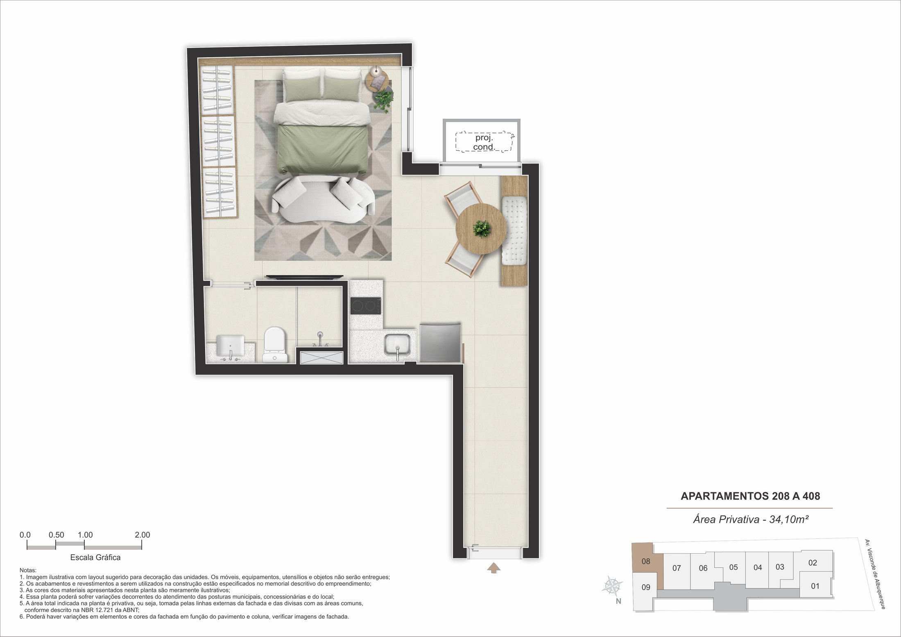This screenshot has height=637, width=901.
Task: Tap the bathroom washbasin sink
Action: [x=230, y=346]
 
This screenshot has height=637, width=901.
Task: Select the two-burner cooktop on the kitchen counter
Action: [x=366, y=306]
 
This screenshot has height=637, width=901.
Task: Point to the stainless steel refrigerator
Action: [x=440, y=342]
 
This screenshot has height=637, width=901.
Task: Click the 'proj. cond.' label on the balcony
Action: [x=484, y=142]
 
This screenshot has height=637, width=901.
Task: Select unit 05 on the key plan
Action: [x=733, y=567]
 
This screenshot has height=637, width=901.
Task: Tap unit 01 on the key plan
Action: [x=815, y=586]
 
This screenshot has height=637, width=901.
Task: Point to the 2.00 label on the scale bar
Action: [x=143, y=535]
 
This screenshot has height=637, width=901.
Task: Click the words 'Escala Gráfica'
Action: [x=95, y=557]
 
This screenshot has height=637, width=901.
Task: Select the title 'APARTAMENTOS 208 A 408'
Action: [x=750, y=496]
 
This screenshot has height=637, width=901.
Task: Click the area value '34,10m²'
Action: [x=789, y=519]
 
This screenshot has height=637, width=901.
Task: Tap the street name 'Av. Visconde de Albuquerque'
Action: [x=875, y=574]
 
